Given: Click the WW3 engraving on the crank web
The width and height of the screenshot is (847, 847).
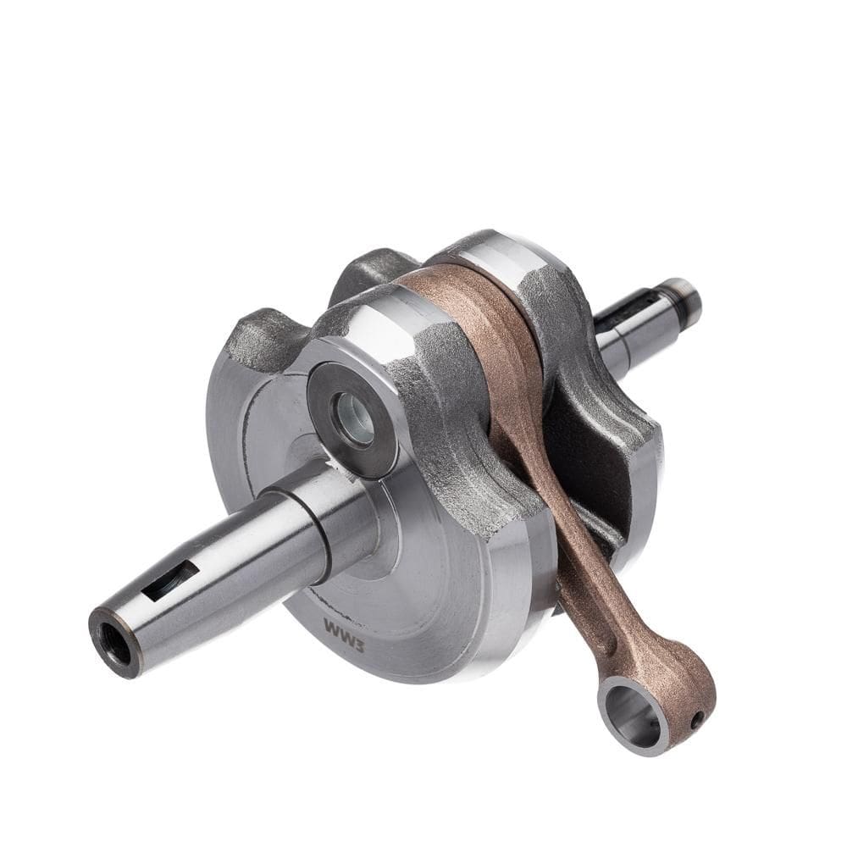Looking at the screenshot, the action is click(344, 631).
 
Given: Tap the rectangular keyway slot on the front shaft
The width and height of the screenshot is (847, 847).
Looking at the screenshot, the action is click(171, 579).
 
